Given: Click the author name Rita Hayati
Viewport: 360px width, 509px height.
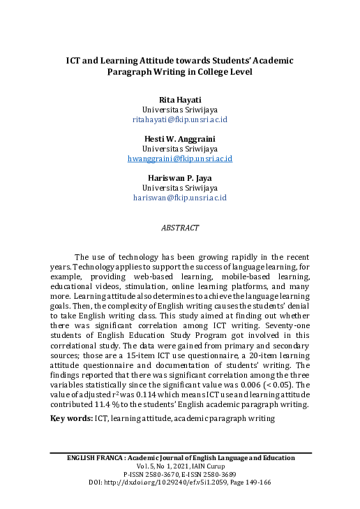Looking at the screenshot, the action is pos(180,100).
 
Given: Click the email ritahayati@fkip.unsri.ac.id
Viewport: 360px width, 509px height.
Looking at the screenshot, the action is pos(180,119).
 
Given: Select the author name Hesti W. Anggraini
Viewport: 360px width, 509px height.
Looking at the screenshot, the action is pos(180,139).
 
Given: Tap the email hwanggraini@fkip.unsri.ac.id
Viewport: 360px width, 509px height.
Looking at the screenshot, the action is pos(180,158).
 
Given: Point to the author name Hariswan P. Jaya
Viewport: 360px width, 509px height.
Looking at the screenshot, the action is pos(180,178).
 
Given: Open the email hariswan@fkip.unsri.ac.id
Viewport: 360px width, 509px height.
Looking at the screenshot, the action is pos(180,198).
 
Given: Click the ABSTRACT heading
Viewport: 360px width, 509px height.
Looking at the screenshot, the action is pos(180,228).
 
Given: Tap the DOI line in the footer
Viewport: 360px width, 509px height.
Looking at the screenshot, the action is pos(180,482).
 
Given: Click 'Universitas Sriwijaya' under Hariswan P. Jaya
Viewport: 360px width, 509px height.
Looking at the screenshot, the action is pos(180,188).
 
